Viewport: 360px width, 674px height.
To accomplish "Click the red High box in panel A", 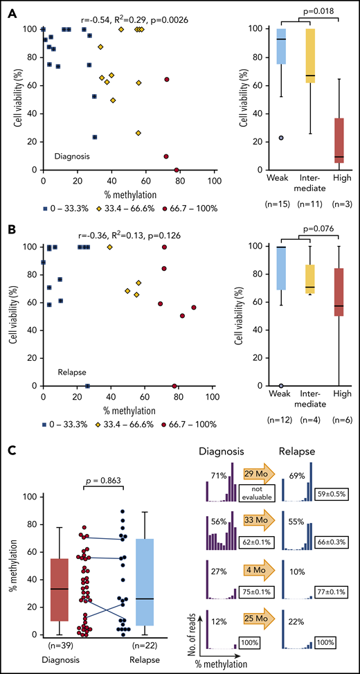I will click(339, 139).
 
